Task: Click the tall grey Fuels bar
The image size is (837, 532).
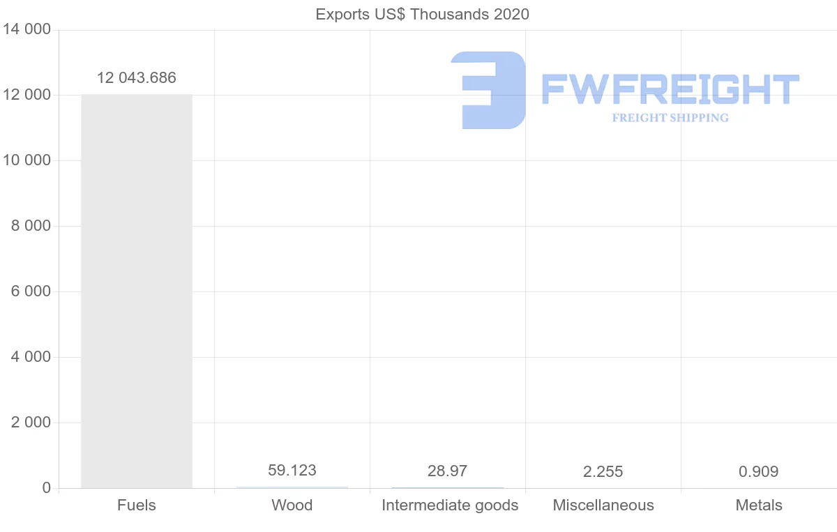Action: click(137, 291)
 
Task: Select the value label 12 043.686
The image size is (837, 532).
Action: click(137, 77)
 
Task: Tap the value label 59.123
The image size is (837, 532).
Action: click(292, 471)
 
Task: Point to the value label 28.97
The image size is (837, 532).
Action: click(448, 471)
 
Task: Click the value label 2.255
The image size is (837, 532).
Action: click(603, 472)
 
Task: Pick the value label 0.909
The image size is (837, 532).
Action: click(758, 472)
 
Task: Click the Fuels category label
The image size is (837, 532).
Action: click(137, 506)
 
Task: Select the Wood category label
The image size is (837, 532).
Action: click(292, 506)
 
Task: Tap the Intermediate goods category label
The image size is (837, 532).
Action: click(450, 506)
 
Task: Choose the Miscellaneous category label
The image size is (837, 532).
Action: click(603, 506)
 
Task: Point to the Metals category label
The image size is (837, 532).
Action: click(759, 506)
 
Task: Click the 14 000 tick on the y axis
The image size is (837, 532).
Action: click(27, 30)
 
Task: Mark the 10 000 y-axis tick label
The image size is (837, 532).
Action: click(27, 160)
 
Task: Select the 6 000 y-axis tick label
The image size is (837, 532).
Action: click(28, 291)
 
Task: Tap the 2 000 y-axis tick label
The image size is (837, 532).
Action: click(28, 423)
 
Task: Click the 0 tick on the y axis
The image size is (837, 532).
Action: click(47, 488)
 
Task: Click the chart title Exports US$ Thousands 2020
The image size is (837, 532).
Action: click(422, 14)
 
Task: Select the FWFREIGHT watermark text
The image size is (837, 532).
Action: click(670, 90)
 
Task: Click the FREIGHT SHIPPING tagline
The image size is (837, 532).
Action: click(670, 118)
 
